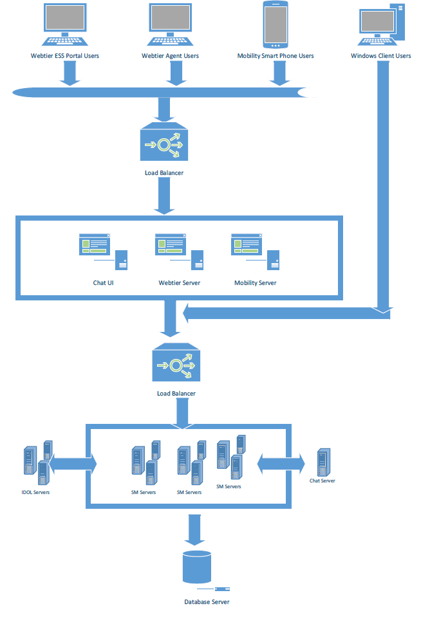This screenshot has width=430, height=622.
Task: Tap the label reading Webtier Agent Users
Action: [170, 56]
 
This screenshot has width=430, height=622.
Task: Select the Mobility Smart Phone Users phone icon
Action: [275, 24]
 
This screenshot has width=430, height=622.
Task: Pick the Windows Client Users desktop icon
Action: [381, 24]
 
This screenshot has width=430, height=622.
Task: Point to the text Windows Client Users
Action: [380, 56]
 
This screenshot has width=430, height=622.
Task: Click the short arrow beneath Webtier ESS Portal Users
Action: [69, 74]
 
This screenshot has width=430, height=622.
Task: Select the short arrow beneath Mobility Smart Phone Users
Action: [278, 74]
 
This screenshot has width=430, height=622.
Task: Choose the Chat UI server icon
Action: [103, 253]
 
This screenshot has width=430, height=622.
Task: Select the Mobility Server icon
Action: [256, 253]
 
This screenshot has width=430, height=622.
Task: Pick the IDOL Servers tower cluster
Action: [37, 464]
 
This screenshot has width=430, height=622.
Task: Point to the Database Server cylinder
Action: [197, 565]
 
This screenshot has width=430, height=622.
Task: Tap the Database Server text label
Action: [207, 602]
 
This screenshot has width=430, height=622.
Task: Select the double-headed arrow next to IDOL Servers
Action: [72, 463]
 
